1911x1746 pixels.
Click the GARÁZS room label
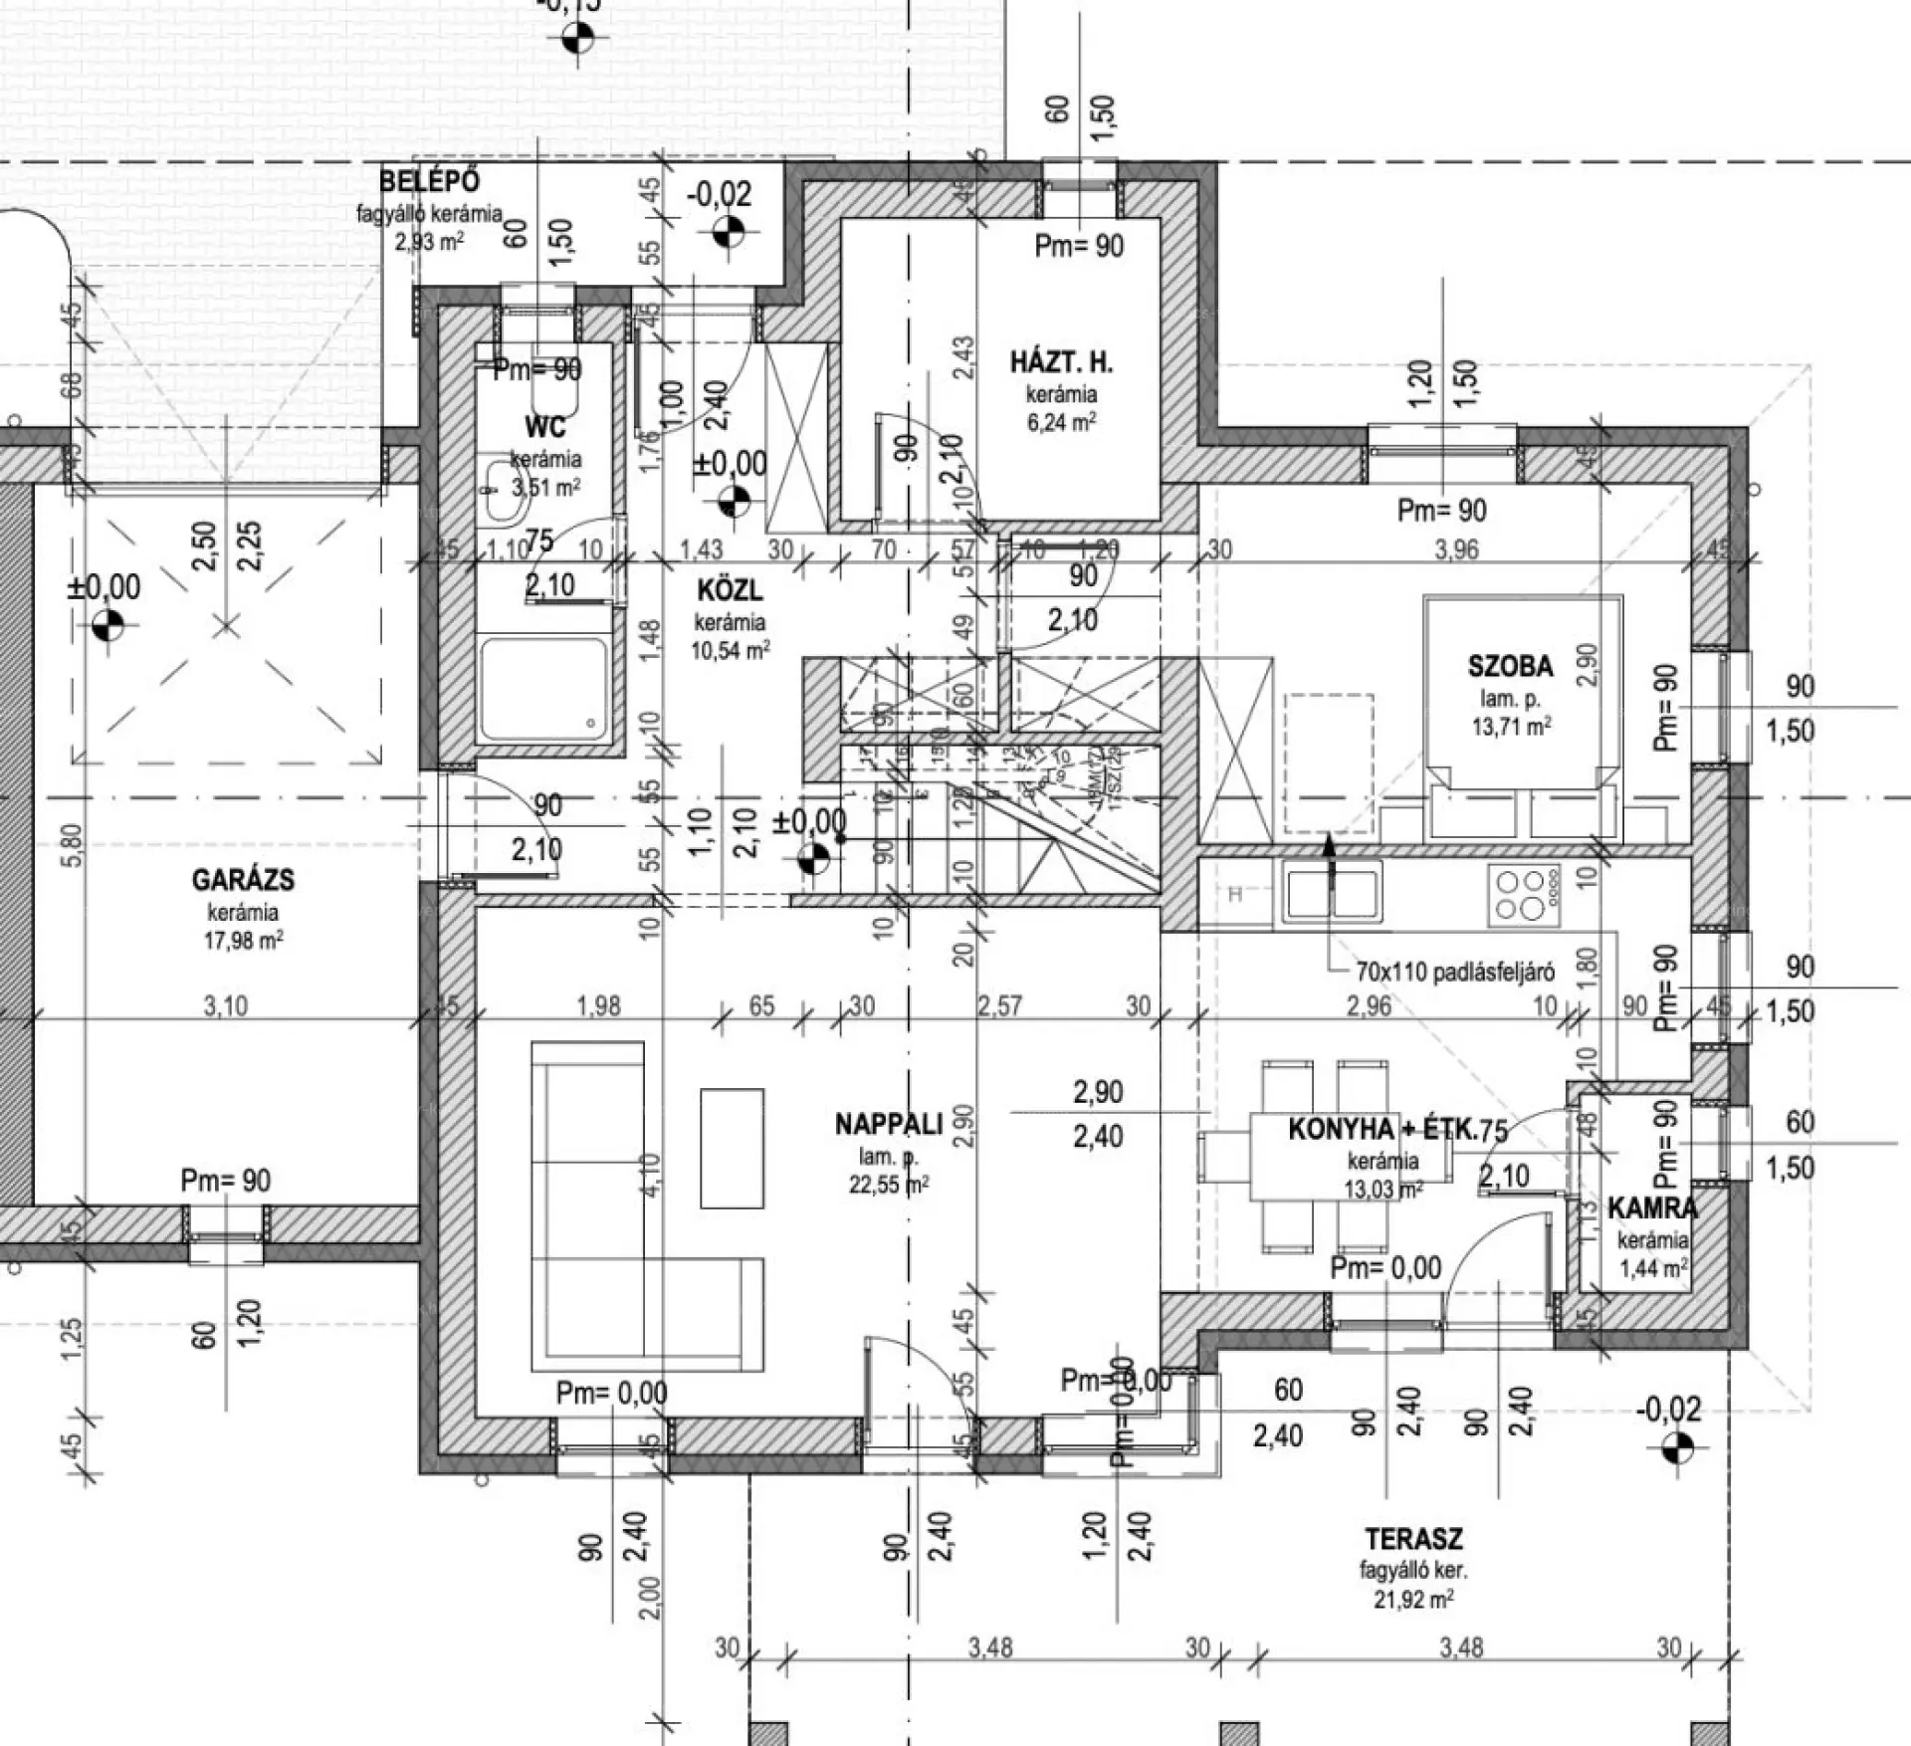point(243,880)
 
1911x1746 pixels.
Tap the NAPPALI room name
point(888,1125)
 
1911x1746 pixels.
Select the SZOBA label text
point(1510,666)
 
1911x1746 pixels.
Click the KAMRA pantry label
point(1652,1208)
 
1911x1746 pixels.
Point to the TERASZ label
point(1413,1539)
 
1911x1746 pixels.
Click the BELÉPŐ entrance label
point(429,181)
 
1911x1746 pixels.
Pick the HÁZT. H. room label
point(1061,362)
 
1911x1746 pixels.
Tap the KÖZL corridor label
point(730,590)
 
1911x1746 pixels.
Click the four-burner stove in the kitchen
point(1521,894)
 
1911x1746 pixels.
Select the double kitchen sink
point(1332,893)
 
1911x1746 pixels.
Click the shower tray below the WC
point(543,688)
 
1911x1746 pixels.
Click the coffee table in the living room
point(732,1147)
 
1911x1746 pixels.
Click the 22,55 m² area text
point(889,1185)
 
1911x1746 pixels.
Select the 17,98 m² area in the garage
point(243,940)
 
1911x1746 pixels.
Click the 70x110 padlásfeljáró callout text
point(1454,973)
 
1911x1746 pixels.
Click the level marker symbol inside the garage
point(107,626)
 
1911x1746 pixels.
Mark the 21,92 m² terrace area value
point(1413,1600)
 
